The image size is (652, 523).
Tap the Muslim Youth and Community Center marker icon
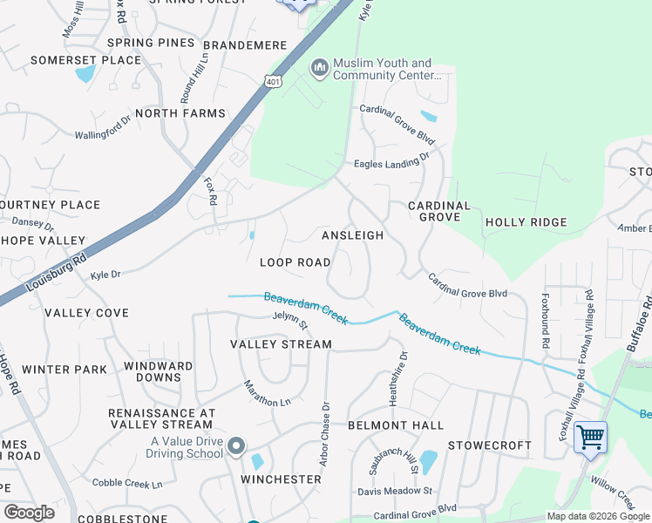click(320, 67)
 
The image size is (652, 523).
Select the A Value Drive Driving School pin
click(236, 448)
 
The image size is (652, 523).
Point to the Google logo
click(29, 513)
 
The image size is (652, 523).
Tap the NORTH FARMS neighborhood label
click(180, 113)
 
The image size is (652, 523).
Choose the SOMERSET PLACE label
click(85, 60)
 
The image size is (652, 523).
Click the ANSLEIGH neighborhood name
click(352, 236)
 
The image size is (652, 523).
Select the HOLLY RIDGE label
click(526, 222)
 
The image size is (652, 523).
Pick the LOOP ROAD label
click(295, 262)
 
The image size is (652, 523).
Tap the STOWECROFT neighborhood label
click(489, 445)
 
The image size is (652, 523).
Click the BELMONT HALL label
click(395, 425)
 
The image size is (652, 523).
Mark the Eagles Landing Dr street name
click(391, 161)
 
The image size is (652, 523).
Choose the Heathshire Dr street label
click(404, 377)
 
